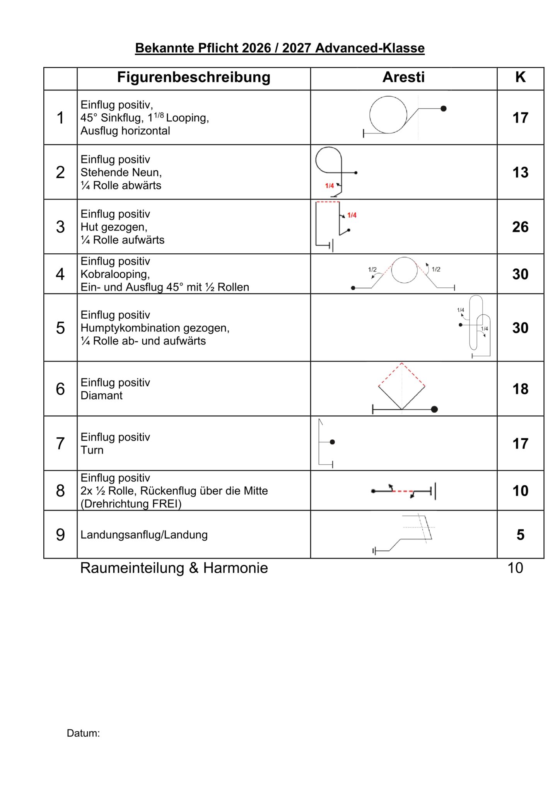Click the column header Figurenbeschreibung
193,77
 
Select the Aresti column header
403,77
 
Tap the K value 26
520,227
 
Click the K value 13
520,172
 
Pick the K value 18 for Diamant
520,389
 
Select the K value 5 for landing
520,535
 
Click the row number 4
60,274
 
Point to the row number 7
60,444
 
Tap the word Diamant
101,396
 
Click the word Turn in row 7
92,450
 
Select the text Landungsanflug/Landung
144,535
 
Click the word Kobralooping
115,274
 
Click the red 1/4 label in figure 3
352,215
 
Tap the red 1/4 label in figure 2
329,186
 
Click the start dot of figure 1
444,109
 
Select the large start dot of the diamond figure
434,409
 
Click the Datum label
83,733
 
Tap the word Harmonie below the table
236,568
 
